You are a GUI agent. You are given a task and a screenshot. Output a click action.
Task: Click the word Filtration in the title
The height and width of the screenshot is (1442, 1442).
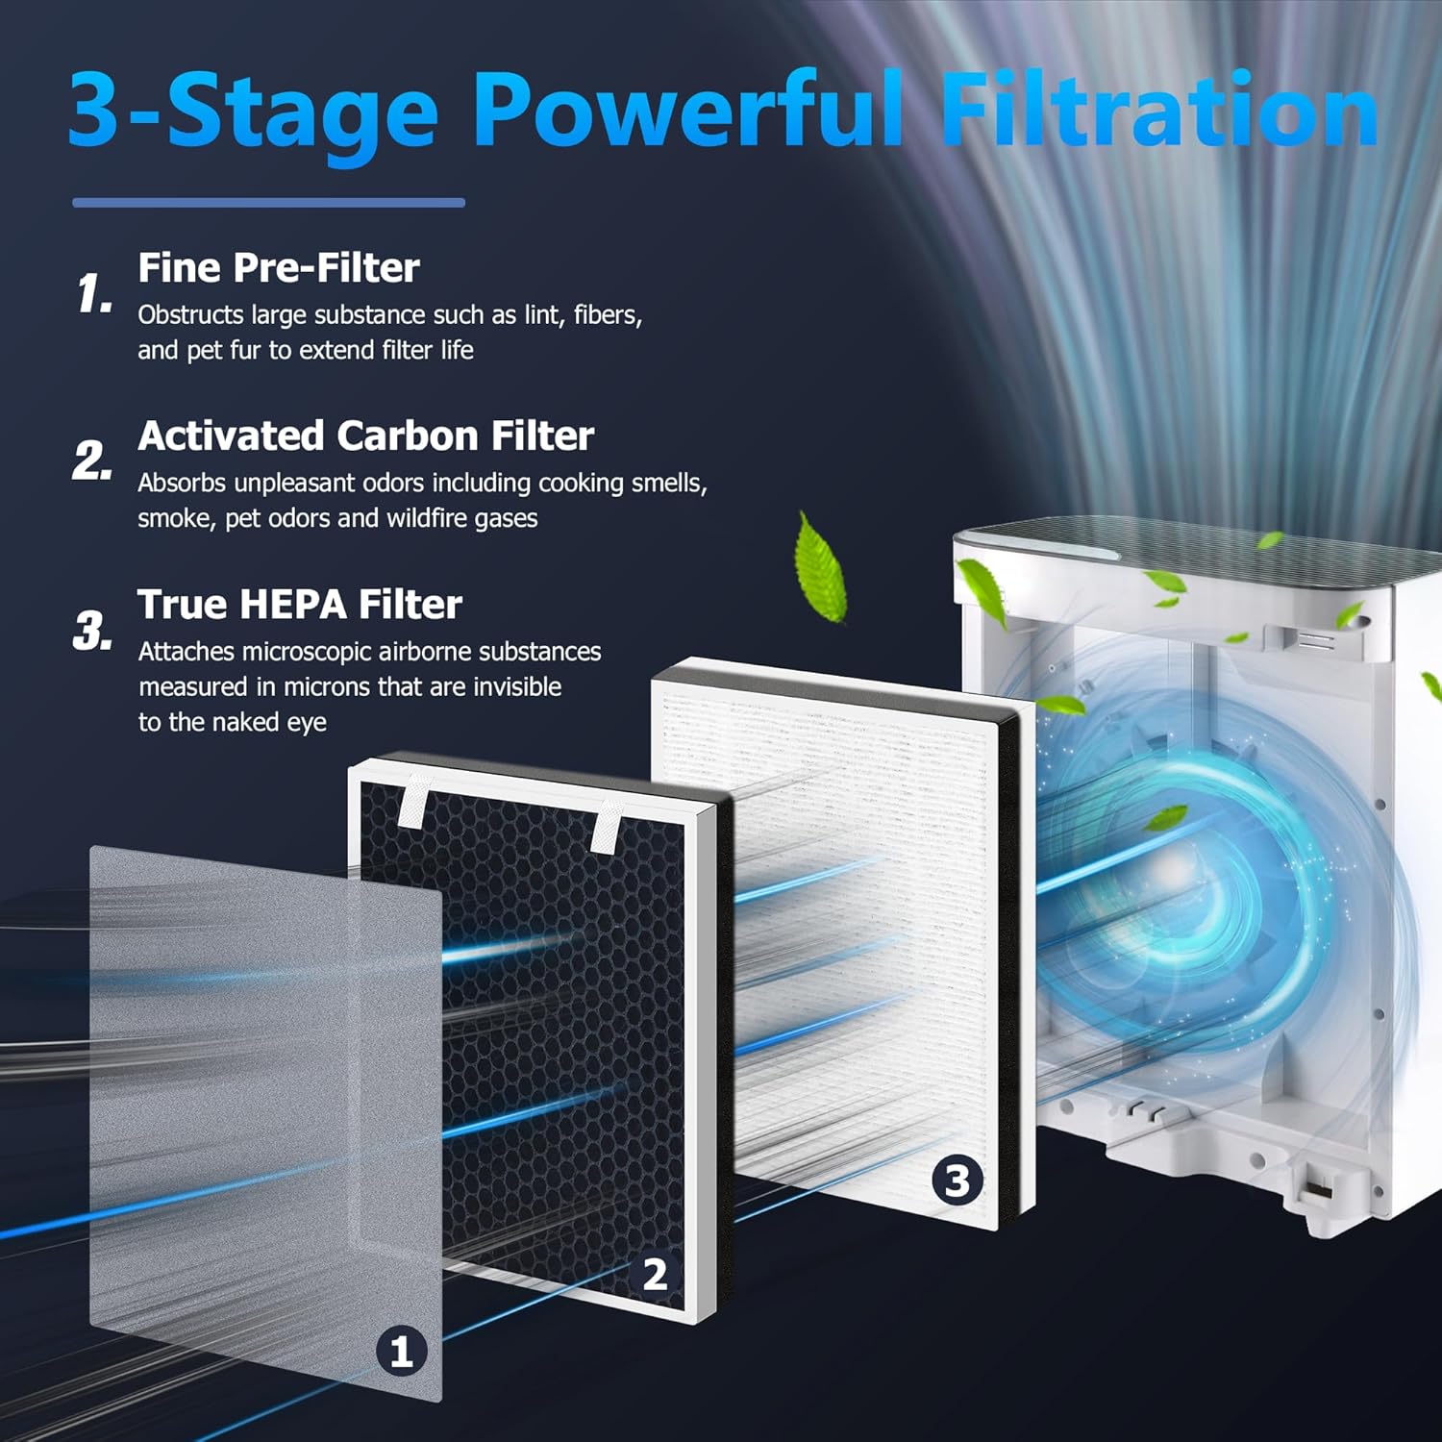pos(1158,111)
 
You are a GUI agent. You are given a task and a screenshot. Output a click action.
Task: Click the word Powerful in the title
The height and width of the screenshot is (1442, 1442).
pos(687,111)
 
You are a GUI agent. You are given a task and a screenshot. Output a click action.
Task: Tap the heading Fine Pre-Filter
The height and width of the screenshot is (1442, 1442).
pos(279,268)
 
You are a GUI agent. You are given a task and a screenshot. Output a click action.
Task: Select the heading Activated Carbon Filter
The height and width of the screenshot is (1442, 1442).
pos(365,436)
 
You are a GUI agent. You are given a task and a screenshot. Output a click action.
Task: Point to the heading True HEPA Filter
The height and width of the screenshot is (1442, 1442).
pos(300,605)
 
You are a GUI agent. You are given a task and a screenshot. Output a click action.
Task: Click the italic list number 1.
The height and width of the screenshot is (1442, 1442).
pos(94,293)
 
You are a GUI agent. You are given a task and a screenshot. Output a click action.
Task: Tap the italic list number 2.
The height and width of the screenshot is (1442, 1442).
pos(92,461)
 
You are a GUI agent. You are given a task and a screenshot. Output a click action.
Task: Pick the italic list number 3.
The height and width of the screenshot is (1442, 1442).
pos(92,632)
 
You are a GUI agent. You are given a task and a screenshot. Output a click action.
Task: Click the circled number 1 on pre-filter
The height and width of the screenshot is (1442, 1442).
pos(402,1351)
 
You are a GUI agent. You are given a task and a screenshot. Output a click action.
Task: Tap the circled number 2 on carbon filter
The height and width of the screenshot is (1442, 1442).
pos(655,1275)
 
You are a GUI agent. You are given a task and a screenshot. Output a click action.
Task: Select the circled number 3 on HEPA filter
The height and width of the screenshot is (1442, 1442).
pos(957,1180)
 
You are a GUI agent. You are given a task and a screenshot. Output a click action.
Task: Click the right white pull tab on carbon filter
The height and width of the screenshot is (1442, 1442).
pos(608,827)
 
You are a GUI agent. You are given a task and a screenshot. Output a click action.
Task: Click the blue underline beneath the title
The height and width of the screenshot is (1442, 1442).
pos(269,203)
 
